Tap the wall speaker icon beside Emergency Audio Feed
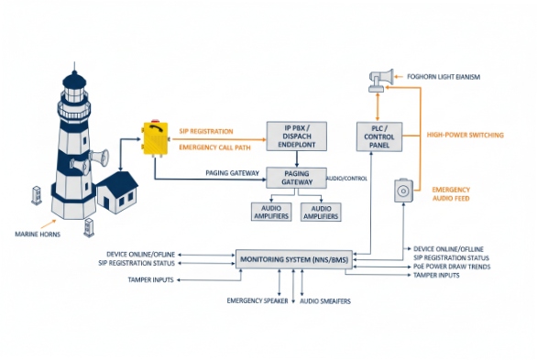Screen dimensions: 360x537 pos(403,191)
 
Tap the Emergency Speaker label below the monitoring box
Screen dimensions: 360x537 pos(257,300)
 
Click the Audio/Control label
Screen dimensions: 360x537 pos(347,179)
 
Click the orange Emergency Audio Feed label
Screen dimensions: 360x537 pos(457,194)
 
